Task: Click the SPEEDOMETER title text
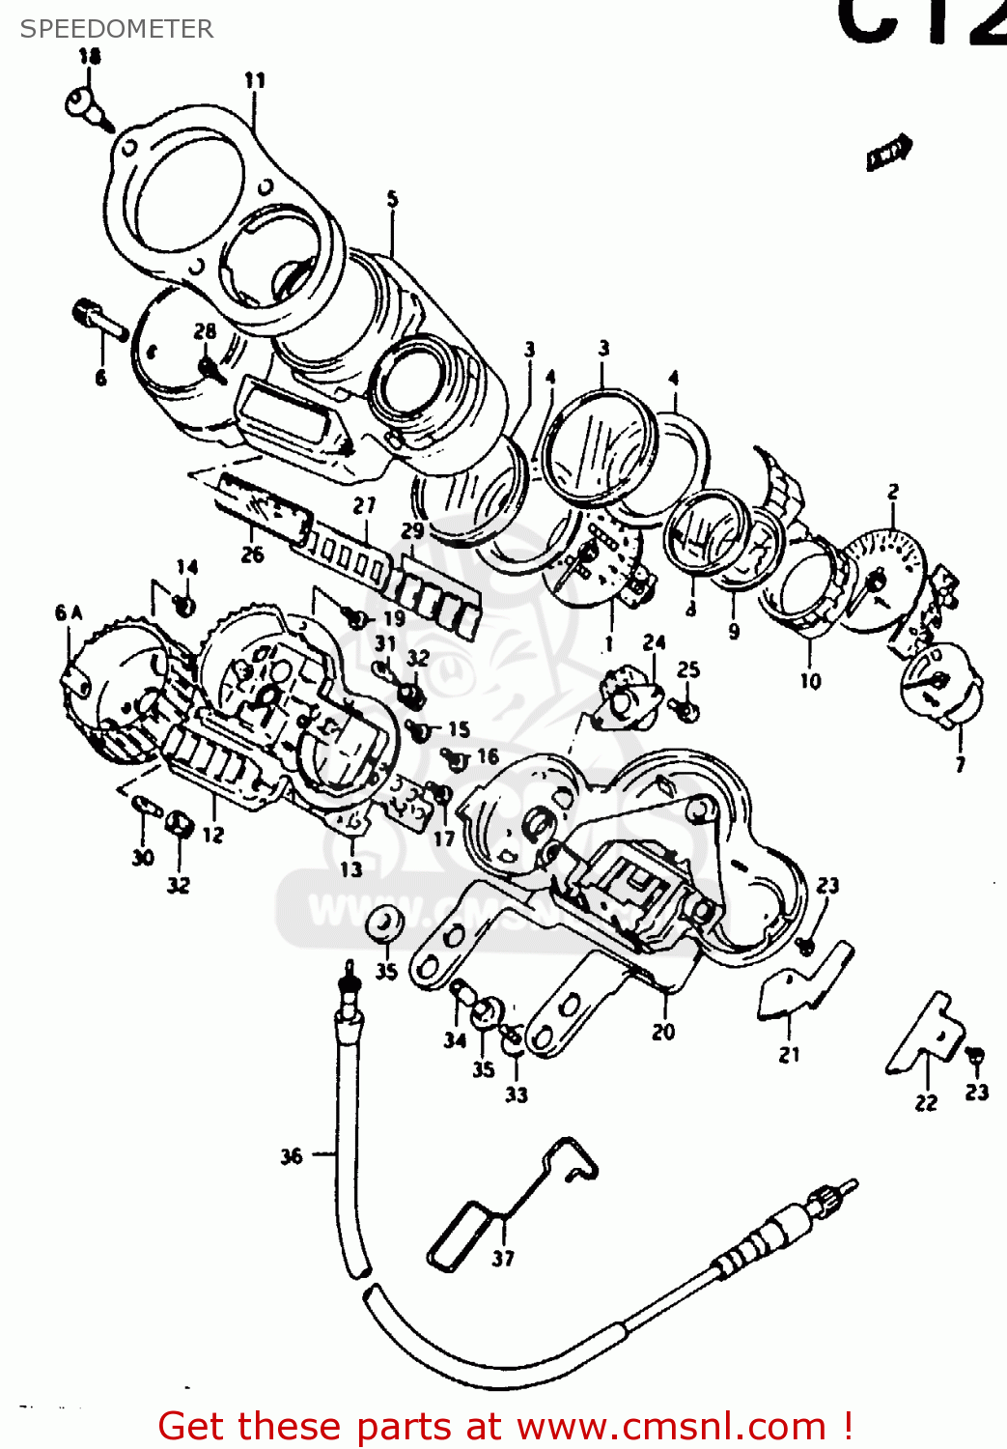pyautogui.click(x=117, y=29)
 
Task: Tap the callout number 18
pyautogui.click(x=90, y=56)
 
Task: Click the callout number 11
pyautogui.click(x=254, y=80)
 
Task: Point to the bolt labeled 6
pyautogui.click(x=99, y=319)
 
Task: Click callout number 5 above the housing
pyautogui.click(x=392, y=199)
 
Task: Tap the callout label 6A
pyautogui.click(x=69, y=612)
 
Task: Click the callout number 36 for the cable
pyautogui.click(x=292, y=1155)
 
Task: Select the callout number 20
pyautogui.click(x=663, y=1032)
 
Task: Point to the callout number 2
pyautogui.click(x=893, y=492)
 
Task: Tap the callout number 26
pyautogui.click(x=252, y=554)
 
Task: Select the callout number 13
pyautogui.click(x=350, y=868)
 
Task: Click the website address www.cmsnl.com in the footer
pyautogui.click(x=672, y=1426)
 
